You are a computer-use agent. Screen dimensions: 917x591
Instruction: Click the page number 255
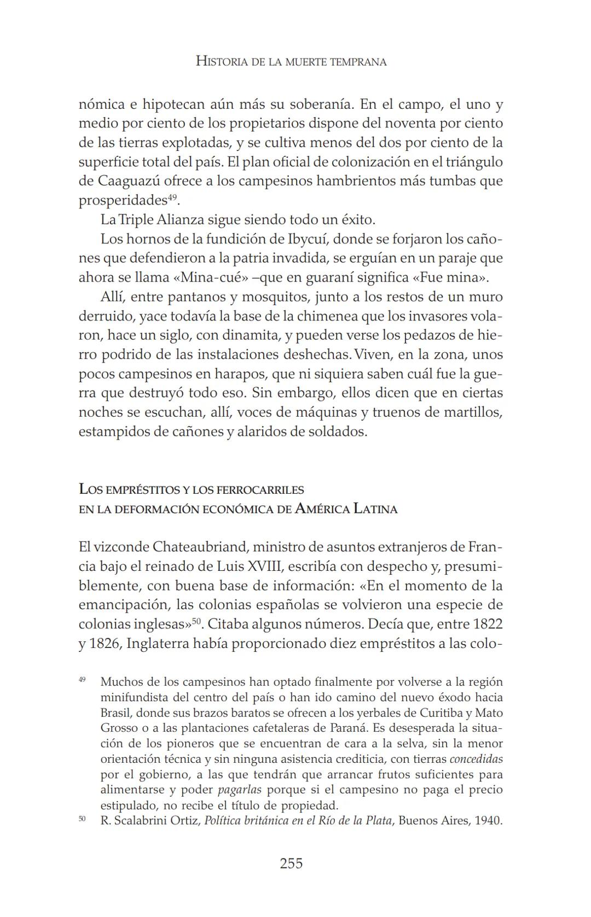tap(291, 863)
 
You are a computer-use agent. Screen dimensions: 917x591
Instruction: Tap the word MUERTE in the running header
tap(299, 62)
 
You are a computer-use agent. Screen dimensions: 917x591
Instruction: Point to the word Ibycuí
tap(307, 239)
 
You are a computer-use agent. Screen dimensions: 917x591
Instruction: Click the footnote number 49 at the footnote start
tap(82, 679)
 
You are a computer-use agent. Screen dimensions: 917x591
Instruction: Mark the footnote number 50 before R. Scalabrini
tap(82, 819)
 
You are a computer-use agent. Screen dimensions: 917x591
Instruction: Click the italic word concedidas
tap(476, 759)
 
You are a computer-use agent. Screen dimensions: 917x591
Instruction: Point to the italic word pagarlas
tap(240, 790)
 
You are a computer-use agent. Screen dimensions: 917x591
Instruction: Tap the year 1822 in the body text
tap(488, 624)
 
